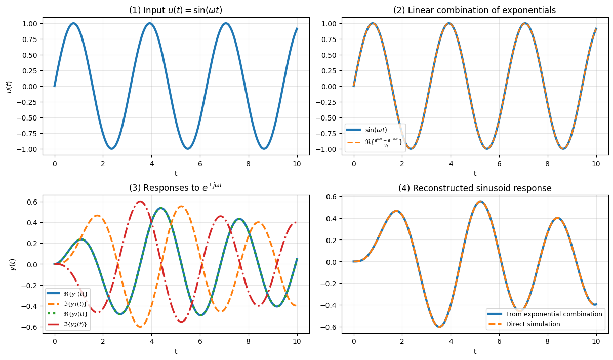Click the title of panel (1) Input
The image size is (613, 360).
tap(176, 10)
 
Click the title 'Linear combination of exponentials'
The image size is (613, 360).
tap(475, 10)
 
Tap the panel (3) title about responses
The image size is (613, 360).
tap(176, 187)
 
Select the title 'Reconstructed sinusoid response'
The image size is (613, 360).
tap(475, 188)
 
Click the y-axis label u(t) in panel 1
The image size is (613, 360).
tap(9, 86)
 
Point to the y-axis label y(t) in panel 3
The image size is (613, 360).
tap(13, 264)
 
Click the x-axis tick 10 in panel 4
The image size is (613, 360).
tap(596, 342)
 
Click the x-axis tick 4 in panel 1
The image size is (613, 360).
tap(151, 165)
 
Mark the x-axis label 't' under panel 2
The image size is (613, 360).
tap(475, 173)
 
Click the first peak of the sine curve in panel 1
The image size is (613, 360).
tap(73, 23)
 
